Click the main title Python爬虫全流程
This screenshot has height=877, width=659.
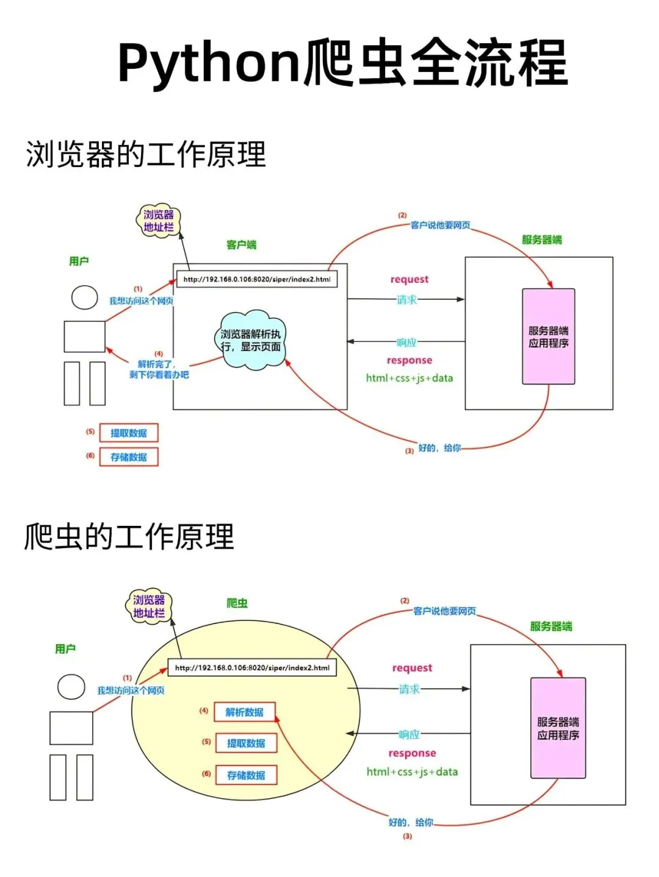click(x=343, y=63)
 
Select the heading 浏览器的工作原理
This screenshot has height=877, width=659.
click(x=146, y=154)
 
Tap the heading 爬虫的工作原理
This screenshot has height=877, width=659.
click(x=129, y=537)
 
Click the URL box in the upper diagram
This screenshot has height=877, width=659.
click(x=257, y=279)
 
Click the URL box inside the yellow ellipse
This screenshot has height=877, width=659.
click(x=252, y=667)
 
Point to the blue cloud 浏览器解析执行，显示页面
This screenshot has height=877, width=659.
click(x=250, y=340)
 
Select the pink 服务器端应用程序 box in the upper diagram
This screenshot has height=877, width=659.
click(x=549, y=336)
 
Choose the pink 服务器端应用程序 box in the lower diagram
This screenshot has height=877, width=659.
click(x=558, y=728)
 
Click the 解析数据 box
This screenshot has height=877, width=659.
click(x=245, y=712)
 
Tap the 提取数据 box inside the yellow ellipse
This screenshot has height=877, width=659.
click(x=247, y=743)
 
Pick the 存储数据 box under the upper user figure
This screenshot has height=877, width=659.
click(x=129, y=456)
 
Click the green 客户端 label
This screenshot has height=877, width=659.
click(x=242, y=244)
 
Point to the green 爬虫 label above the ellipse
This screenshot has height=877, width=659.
click(x=237, y=603)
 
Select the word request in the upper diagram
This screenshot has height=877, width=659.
click(x=409, y=279)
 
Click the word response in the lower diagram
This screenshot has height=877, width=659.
click(x=412, y=753)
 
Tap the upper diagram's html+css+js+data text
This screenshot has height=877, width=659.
click(x=409, y=378)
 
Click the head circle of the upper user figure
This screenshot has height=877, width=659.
click(x=85, y=297)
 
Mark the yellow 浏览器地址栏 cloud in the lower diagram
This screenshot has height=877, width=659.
click(x=149, y=606)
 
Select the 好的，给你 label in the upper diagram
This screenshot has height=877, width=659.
click(x=439, y=448)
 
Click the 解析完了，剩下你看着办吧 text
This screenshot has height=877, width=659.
click(x=159, y=369)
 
